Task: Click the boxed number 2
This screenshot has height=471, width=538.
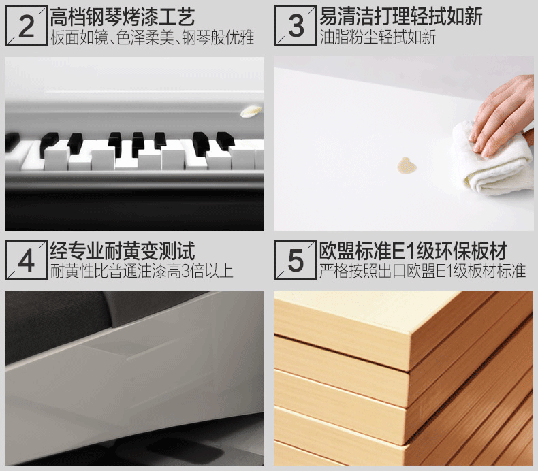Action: (x=26, y=27)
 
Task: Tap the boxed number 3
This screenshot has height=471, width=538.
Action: (x=296, y=26)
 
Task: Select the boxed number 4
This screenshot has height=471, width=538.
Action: (x=26, y=261)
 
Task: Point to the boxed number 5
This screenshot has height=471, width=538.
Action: (x=295, y=261)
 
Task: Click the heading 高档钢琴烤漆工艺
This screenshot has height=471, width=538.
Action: (x=123, y=17)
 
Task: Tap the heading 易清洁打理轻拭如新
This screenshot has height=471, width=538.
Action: (x=400, y=16)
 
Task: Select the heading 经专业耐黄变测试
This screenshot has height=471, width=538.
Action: (x=123, y=250)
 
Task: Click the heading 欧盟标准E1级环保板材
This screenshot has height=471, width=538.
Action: (x=413, y=250)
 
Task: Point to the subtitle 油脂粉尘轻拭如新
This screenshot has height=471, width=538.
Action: (x=378, y=37)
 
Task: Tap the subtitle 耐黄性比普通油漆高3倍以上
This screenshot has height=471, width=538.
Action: (x=142, y=271)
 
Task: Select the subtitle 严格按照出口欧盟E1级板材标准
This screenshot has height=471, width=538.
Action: (x=423, y=271)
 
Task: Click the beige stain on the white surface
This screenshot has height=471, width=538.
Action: (x=407, y=165)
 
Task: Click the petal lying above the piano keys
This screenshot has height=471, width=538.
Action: (x=251, y=111)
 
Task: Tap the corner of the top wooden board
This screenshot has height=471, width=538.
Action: (x=410, y=336)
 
